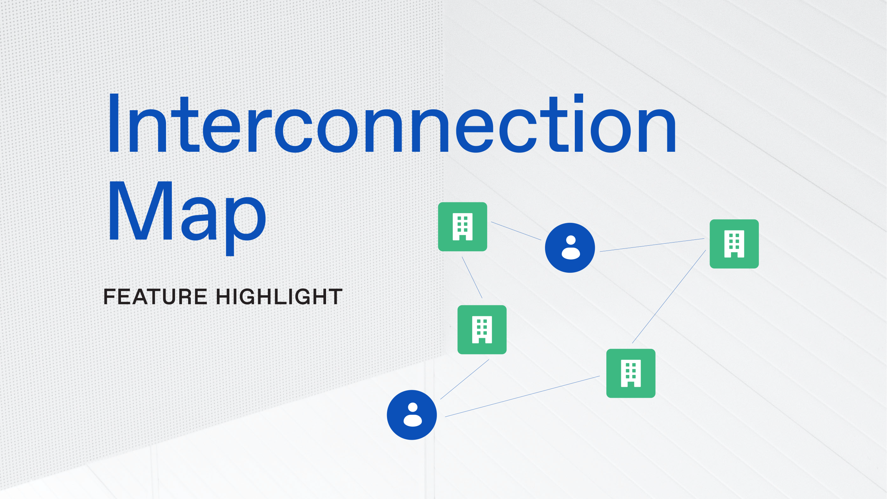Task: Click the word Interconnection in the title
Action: coord(392,125)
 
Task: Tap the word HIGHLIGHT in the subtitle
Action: coord(279,297)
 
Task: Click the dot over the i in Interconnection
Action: coord(578,98)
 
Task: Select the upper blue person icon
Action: coord(570,248)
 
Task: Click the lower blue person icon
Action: coord(412,415)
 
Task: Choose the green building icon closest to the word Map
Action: coord(463,227)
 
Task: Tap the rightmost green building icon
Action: coord(734,244)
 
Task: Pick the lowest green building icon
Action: coord(631,373)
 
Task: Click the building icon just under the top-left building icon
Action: coord(482,330)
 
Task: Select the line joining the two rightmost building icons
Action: coord(669,297)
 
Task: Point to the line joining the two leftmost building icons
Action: coord(472,277)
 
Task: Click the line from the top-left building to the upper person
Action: coord(516,231)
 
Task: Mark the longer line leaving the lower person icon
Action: coord(522,396)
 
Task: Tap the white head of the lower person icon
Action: coord(413,407)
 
